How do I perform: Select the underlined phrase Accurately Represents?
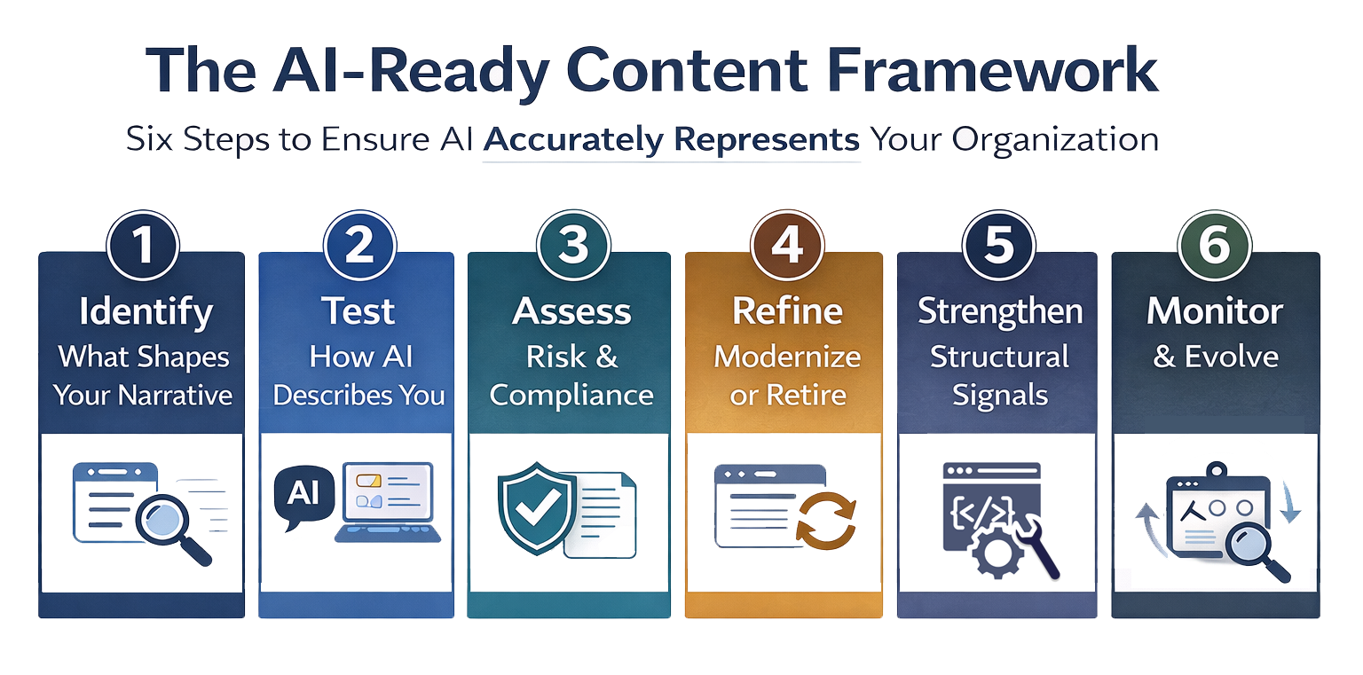[671, 140]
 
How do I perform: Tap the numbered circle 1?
[142, 245]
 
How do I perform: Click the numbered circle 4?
[786, 245]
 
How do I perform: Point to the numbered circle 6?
[1214, 245]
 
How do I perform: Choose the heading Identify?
[146, 312]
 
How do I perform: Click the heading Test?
[358, 312]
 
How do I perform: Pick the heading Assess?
[571, 312]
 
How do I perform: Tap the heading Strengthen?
[1000, 312]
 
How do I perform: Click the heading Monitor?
[1215, 312]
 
